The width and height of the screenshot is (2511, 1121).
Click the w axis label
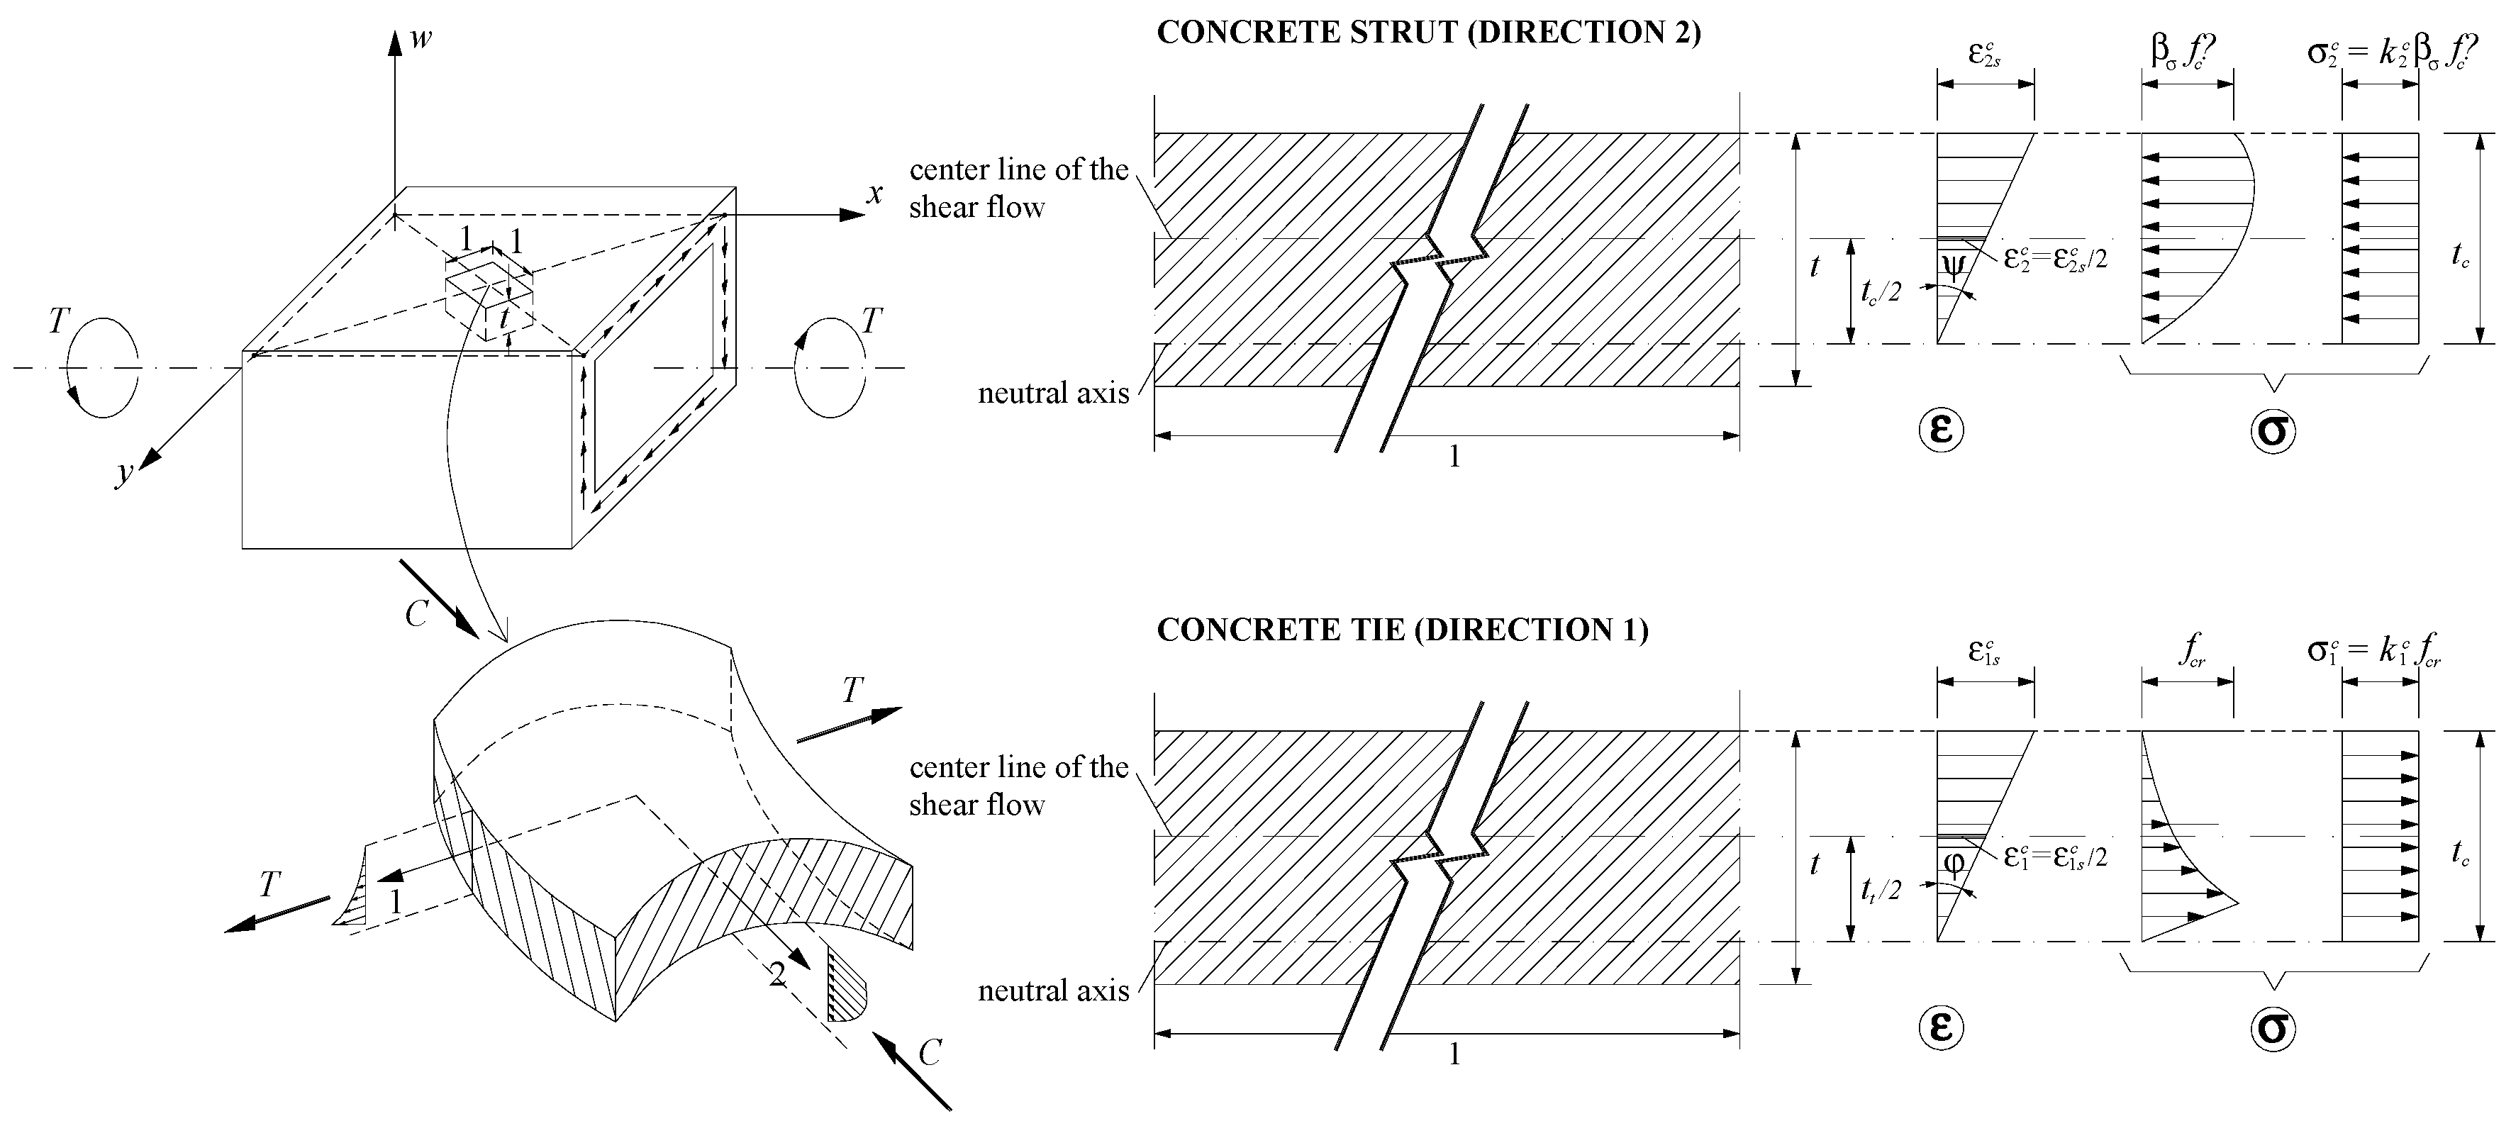click(421, 39)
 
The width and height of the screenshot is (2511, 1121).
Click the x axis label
click(875, 195)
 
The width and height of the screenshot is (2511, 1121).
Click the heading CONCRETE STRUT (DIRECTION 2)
click(1428, 32)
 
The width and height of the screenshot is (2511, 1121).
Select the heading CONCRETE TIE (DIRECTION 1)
click(1402, 630)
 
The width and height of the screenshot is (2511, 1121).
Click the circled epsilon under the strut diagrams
click(1941, 429)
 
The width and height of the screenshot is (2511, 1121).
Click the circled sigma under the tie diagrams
click(2273, 1027)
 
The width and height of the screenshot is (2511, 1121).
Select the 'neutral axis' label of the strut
click(1053, 393)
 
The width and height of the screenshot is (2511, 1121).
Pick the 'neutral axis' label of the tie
click(1053, 991)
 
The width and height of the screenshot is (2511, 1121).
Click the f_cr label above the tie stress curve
click(2190, 651)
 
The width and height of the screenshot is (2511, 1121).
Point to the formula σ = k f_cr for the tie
click(2373, 650)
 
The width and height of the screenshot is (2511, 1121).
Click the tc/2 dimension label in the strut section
click(1881, 291)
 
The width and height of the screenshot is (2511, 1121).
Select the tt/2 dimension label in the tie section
click(1881, 889)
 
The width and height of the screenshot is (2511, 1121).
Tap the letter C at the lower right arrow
click(929, 1053)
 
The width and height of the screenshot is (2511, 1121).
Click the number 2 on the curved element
click(777, 974)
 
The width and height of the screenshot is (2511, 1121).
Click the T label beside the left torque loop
click(60, 322)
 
